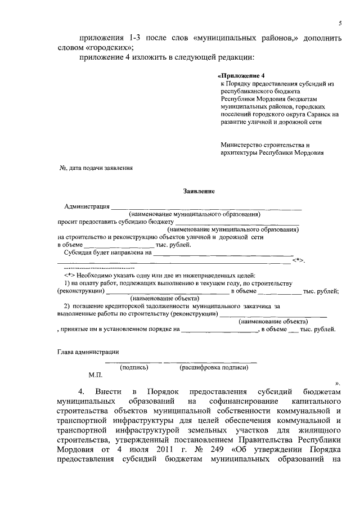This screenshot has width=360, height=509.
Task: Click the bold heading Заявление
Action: [x=199, y=191]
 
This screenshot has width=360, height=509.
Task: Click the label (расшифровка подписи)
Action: [x=214, y=367]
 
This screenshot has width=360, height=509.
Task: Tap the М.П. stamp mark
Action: [x=96, y=375]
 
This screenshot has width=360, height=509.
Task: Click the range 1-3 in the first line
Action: [x=136, y=37]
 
